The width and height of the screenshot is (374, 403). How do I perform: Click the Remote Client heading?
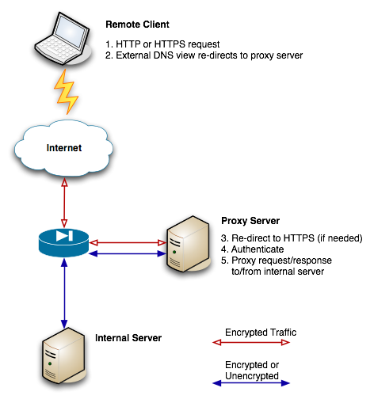point(137,25)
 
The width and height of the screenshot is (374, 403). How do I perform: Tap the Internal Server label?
point(128,338)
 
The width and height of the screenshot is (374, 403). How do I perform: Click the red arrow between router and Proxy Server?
point(126,243)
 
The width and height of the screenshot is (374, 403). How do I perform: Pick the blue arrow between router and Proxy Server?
point(126,253)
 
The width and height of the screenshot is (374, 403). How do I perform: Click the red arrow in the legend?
point(252,344)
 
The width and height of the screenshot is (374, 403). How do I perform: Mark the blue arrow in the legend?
point(252,384)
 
